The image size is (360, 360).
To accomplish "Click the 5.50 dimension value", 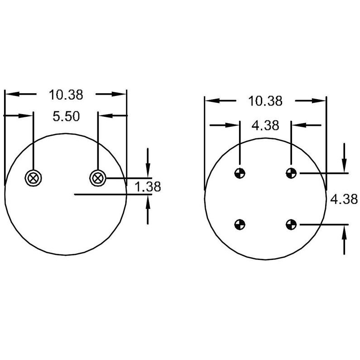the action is (66, 116).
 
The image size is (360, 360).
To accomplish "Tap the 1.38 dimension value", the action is (148, 187).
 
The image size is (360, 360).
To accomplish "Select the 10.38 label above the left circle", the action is (66, 95).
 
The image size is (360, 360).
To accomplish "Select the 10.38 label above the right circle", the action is (265, 101).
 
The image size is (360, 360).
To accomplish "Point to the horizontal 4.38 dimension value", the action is (265, 125).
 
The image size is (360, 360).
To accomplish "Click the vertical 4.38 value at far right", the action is (344, 199).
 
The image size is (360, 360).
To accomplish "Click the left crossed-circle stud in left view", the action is (34, 178).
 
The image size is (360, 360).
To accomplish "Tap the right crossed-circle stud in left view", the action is (98, 178).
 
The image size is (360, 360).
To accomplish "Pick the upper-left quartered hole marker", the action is (240, 173).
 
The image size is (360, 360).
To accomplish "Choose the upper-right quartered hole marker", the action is (291, 173).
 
